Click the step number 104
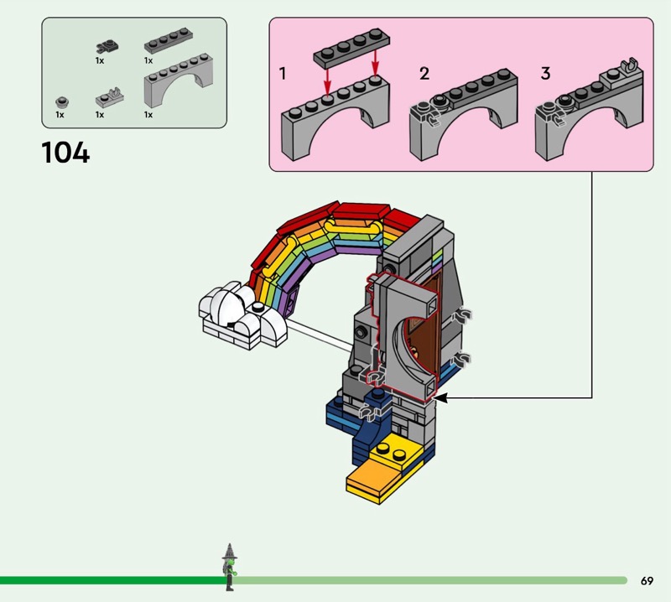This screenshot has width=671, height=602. click(65, 153)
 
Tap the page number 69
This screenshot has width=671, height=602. click(647, 581)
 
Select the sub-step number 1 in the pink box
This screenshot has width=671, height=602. click(283, 74)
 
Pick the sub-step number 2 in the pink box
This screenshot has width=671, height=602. click(424, 74)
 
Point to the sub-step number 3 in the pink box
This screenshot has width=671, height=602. click(545, 74)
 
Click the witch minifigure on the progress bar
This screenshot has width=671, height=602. click(229, 568)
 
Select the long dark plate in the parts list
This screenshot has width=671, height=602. click(169, 40)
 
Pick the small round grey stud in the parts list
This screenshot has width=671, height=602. click(62, 101)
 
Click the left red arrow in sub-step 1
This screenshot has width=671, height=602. click(327, 80)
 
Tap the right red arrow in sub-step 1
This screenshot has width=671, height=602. click(375, 63)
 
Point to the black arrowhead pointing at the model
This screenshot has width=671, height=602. click(441, 398)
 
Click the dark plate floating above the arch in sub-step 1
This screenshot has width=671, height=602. click(351, 48)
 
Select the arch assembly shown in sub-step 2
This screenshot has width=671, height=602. click(464, 115)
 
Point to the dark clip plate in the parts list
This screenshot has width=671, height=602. click(107, 46)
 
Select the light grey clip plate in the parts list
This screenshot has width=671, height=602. click(110, 97)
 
